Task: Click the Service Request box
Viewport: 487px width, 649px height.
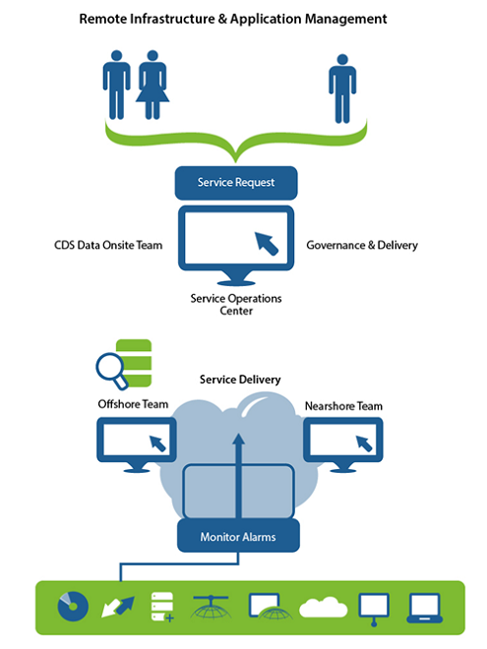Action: tap(236, 183)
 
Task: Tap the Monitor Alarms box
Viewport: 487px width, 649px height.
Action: tap(238, 536)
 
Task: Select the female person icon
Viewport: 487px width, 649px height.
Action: tap(152, 85)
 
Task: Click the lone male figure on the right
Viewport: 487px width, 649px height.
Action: tap(342, 88)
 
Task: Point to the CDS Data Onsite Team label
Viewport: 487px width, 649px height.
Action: tap(108, 245)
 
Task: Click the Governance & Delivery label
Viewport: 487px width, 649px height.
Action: tap(362, 245)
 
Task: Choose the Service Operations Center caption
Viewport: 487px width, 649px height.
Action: tap(236, 304)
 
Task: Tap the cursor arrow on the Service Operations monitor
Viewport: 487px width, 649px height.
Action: tap(267, 244)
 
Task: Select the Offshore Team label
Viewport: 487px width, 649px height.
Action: tap(133, 404)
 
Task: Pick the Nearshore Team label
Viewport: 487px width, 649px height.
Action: tap(343, 406)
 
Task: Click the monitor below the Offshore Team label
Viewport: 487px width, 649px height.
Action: tap(137, 444)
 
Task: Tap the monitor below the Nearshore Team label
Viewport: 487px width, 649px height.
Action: tap(343, 444)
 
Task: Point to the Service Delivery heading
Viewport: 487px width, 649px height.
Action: tap(240, 380)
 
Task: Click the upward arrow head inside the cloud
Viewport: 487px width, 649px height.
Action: tap(238, 440)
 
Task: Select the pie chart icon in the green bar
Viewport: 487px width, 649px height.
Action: tap(73, 607)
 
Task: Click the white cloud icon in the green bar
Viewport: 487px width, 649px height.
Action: tap(323, 607)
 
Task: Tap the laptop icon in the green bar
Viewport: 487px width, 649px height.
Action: tap(424, 608)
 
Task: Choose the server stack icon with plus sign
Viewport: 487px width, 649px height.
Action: tap(162, 607)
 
